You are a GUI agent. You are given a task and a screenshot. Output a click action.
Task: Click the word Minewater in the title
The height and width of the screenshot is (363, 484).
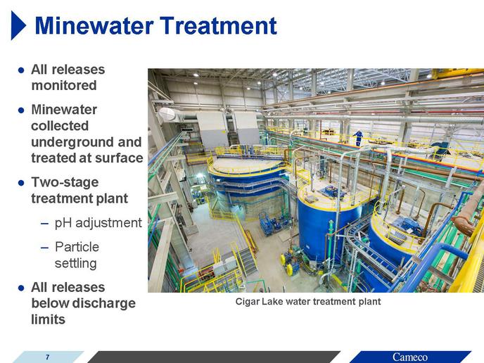pyautogui.click(x=94, y=25)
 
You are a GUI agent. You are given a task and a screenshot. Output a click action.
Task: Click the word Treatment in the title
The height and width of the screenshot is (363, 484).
pyautogui.click(x=218, y=25)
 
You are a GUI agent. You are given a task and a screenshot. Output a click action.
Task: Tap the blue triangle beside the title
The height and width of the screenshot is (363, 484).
pyautogui.click(x=18, y=25)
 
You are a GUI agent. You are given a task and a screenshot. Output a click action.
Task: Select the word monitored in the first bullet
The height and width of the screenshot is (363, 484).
pyautogui.click(x=64, y=86)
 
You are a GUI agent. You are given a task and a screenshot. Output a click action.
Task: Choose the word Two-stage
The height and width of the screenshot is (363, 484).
pyautogui.click(x=65, y=182)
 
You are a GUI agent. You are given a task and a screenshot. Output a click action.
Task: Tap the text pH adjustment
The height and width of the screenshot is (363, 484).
pyautogui.click(x=98, y=223)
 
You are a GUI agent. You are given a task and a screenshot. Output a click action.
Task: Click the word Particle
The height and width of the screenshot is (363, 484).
pyautogui.click(x=77, y=247)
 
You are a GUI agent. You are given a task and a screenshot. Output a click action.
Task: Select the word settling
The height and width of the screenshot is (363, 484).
pyautogui.click(x=76, y=264)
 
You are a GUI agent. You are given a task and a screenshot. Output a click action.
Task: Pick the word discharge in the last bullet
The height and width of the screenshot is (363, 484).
pyautogui.click(x=103, y=303)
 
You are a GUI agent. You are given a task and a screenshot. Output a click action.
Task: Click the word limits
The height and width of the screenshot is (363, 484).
pyautogui.click(x=48, y=319)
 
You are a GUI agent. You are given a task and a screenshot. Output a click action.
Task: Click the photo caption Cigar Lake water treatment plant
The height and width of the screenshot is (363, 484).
pyautogui.click(x=308, y=302)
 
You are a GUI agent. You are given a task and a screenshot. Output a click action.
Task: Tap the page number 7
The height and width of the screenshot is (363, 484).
pyautogui.click(x=47, y=357)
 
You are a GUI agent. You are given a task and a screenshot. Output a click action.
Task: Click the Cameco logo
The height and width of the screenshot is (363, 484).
pyautogui.click(x=410, y=357)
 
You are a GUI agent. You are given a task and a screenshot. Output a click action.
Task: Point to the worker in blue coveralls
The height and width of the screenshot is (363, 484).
pyautogui.click(x=358, y=138)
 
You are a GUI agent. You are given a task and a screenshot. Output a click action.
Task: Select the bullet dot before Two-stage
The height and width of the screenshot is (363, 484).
pyautogui.click(x=21, y=183)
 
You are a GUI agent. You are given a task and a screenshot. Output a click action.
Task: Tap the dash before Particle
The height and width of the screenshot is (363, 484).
pyautogui.click(x=44, y=248)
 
